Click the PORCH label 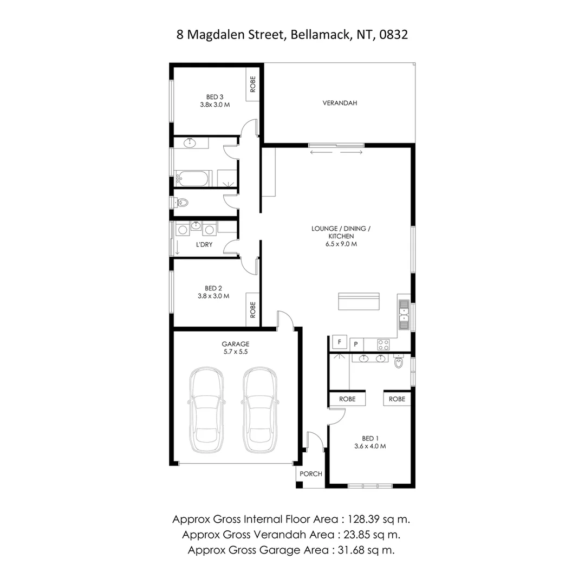311,474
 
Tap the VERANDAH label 340,103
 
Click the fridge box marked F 340,342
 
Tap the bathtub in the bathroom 192,178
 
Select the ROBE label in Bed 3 252,84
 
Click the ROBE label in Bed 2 252,310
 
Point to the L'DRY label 204,245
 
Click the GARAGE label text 236,344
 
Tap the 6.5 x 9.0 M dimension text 341,244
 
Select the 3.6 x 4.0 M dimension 369,446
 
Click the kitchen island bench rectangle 359,301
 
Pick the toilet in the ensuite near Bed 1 399,362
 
